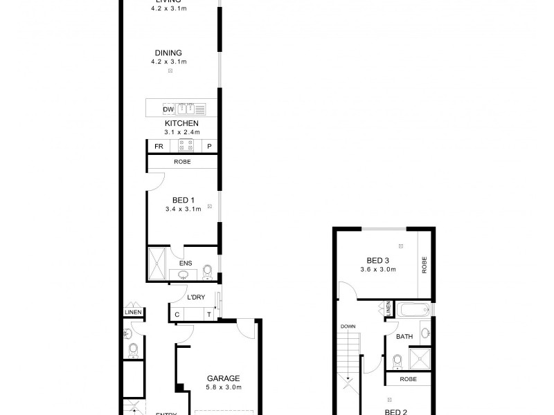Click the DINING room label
coord(169,53)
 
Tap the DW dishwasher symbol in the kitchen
coord(168,109)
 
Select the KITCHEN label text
coord(181,123)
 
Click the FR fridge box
coord(159,147)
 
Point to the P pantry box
coord(209,147)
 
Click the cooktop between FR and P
coord(186,146)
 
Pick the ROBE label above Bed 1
coord(182,163)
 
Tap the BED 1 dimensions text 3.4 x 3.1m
coord(183,209)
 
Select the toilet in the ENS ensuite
coord(207,271)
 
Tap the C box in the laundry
coord(177,315)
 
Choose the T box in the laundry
coord(208,315)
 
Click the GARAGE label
coord(223,378)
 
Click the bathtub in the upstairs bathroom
coord(414,310)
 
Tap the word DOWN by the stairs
coord(347,326)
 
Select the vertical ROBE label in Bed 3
coord(425,265)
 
